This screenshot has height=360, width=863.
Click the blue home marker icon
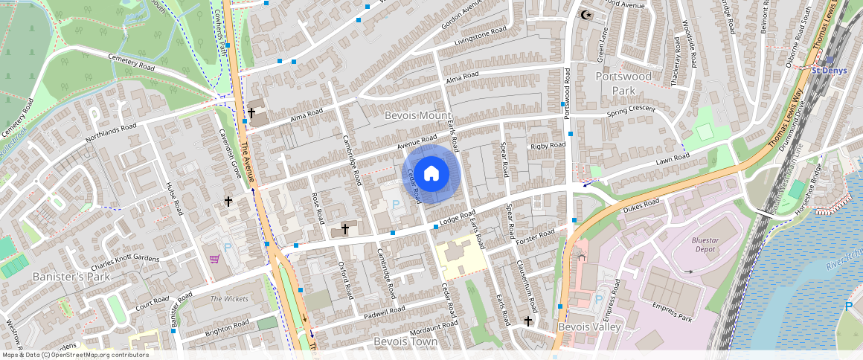431,174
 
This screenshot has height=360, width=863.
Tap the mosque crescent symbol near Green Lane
586,14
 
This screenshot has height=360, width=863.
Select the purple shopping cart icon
215,260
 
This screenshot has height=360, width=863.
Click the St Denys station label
829,71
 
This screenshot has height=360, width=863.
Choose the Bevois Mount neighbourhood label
417,116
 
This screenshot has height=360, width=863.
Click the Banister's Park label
71,277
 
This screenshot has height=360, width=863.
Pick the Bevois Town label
405,341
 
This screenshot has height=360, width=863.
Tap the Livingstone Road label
480,35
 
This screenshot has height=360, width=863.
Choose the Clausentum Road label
527,286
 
